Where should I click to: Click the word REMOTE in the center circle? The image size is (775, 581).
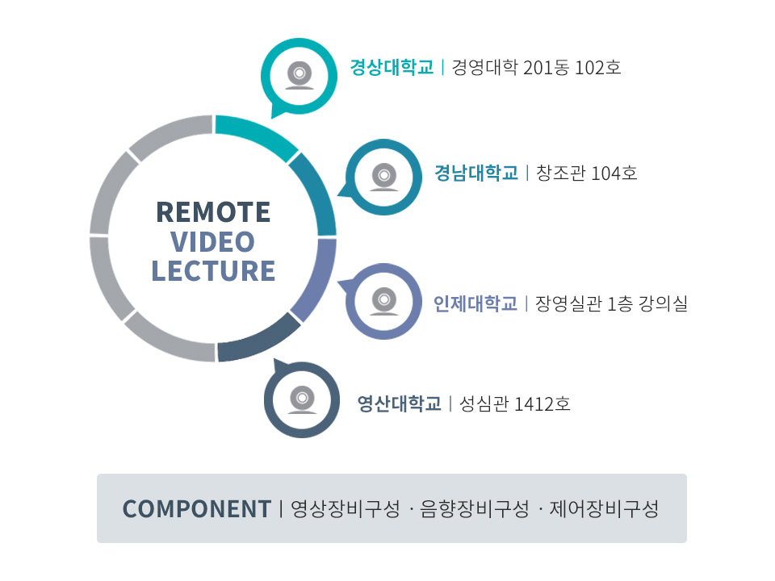click(x=213, y=212)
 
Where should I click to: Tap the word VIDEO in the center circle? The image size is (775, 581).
click(x=212, y=242)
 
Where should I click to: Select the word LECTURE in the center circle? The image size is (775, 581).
click(x=213, y=271)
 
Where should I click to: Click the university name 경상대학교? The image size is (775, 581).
click(x=392, y=67)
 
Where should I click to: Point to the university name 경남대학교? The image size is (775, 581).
click(x=476, y=173)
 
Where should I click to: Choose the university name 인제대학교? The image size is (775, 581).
click(x=475, y=303)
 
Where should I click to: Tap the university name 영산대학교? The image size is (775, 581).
click(x=399, y=404)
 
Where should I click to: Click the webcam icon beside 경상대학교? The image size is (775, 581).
click(x=300, y=76)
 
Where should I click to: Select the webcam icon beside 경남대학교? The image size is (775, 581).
click(x=384, y=177)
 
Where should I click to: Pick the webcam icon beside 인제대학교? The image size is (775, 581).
click(x=384, y=301)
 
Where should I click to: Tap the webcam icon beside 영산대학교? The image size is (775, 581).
click(x=302, y=399)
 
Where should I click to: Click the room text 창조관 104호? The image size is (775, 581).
click(x=587, y=173)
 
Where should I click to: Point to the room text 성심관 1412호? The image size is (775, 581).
click(x=514, y=404)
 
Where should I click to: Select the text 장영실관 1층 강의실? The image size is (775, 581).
click(x=611, y=303)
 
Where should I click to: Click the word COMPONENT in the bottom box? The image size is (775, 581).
click(x=197, y=509)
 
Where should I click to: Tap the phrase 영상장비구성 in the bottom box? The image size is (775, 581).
click(x=345, y=509)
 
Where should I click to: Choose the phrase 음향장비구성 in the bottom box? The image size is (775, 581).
click(x=475, y=509)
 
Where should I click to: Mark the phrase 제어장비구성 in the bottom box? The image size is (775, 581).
click(x=604, y=509)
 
